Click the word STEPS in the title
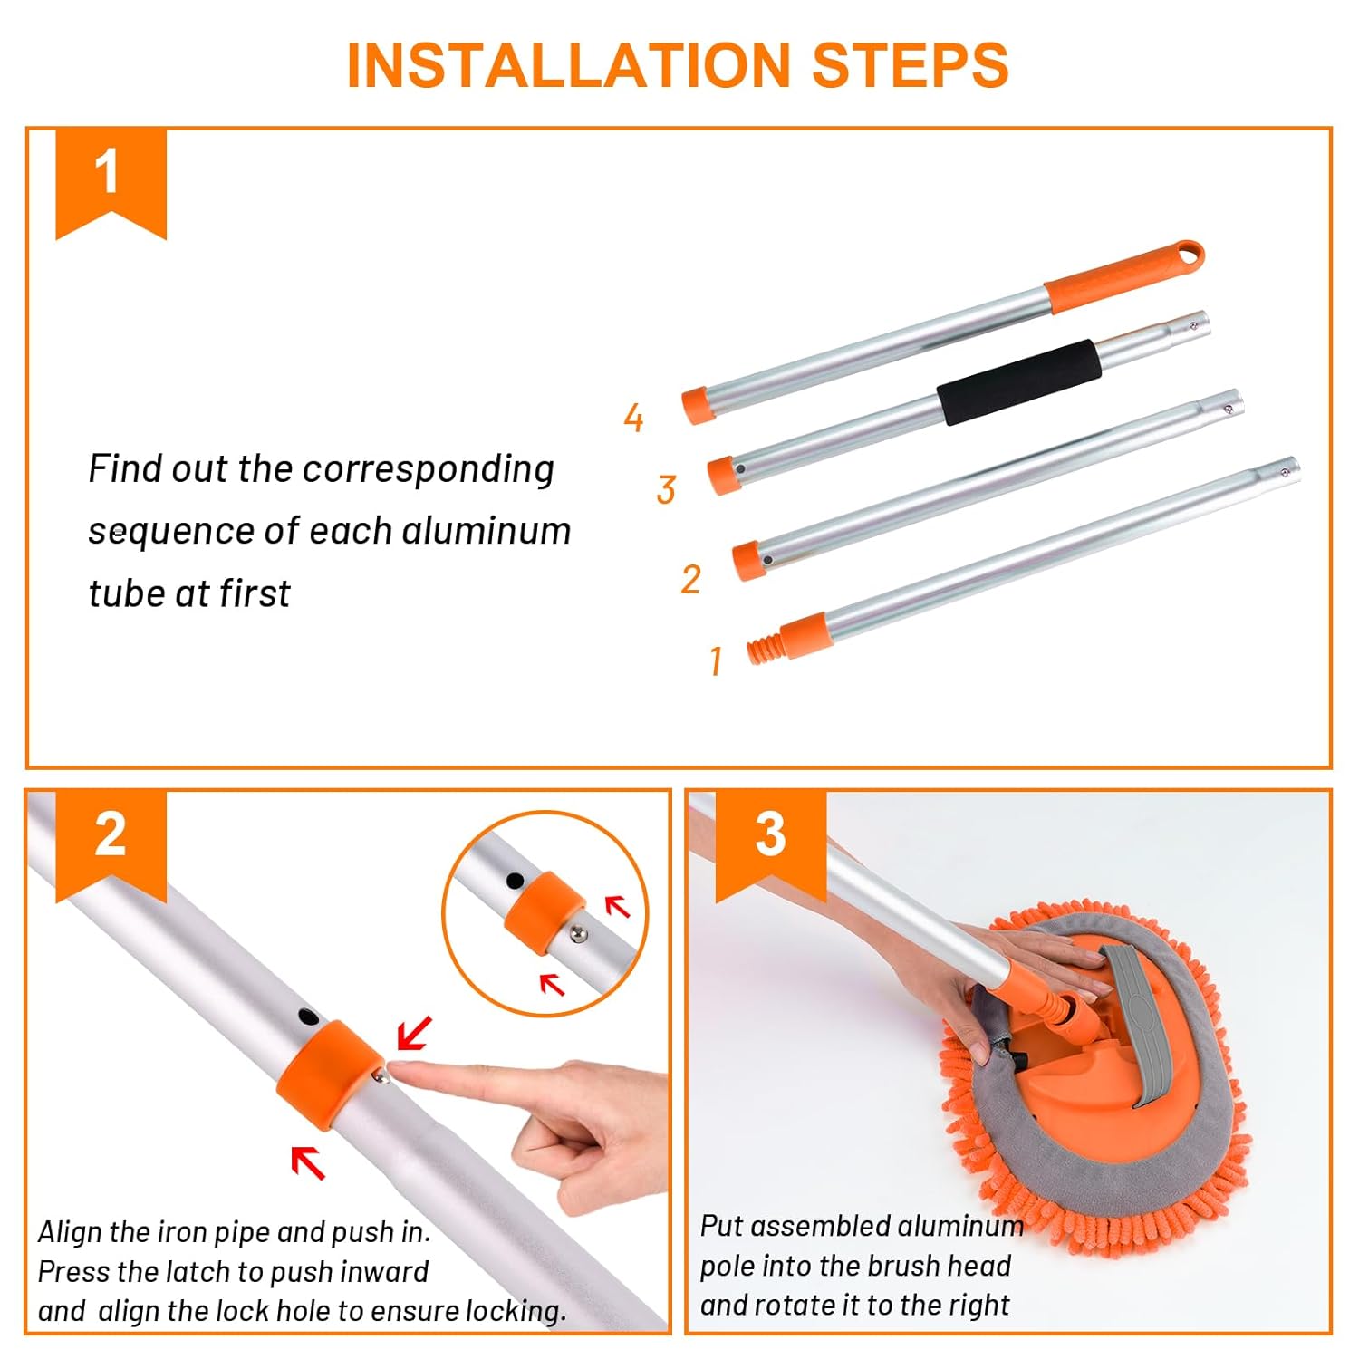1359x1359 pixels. click(x=911, y=64)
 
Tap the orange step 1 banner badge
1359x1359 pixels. click(x=111, y=181)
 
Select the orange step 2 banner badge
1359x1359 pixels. click(x=111, y=844)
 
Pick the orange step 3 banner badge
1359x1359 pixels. click(x=770, y=844)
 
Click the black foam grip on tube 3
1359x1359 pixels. click(x=1019, y=382)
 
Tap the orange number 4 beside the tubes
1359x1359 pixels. click(x=633, y=417)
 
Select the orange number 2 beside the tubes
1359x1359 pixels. click(x=690, y=579)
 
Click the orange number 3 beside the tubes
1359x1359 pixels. click(x=666, y=490)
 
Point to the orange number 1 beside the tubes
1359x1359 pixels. click(x=716, y=660)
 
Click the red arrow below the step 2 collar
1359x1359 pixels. click(x=308, y=1162)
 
